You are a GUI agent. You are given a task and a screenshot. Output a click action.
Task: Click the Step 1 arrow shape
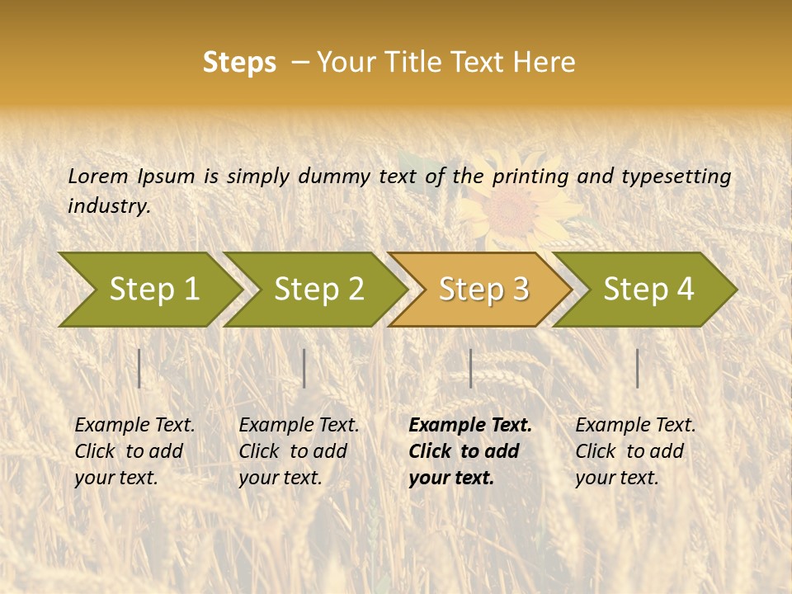[x=153, y=289]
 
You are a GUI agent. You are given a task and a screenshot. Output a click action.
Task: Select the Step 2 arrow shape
[x=318, y=289]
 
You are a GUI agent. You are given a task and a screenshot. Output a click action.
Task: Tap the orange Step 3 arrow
[x=483, y=289]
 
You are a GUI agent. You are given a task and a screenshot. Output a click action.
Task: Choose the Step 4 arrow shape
[x=648, y=289]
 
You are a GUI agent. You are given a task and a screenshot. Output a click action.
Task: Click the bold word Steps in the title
[x=239, y=63]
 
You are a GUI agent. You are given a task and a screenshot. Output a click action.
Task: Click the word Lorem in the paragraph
[x=98, y=176]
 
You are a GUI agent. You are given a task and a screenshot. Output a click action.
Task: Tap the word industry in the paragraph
[x=109, y=206]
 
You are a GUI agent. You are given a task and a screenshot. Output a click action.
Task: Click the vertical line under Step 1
[x=139, y=368]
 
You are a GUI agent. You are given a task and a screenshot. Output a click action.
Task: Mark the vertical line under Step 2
[x=304, y=368]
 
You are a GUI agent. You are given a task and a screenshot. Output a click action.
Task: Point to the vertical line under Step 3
[x=470, y=368]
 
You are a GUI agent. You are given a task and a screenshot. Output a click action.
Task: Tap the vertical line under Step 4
[x=637, y=368]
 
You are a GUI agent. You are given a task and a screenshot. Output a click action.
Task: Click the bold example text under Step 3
[x=470, y=451]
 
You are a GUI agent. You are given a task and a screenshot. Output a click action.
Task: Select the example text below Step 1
[x=134, y=451]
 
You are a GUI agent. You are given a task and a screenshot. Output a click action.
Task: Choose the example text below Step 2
[x=299, y=451]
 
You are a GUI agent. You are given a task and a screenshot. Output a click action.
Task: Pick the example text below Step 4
[x=635, y=451]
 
